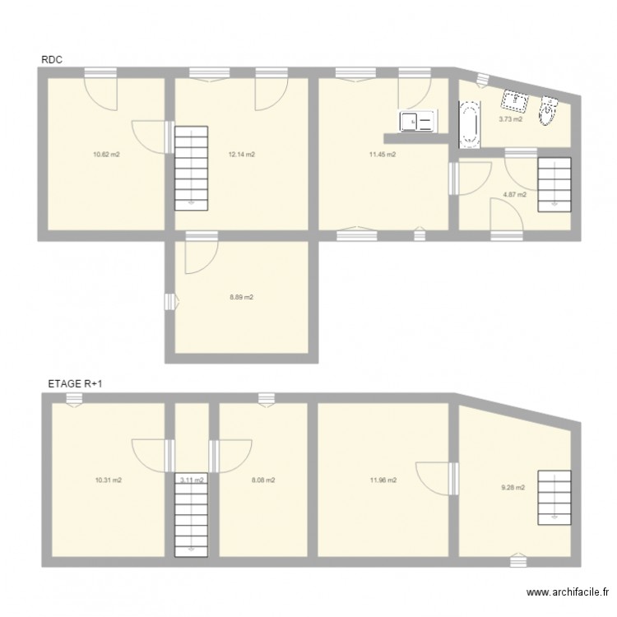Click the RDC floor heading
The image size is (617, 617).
(52, 60)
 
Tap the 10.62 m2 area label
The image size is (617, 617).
(107, 154)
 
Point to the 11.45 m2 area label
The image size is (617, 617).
(383, 154)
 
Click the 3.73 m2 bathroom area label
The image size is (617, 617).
(510, 119)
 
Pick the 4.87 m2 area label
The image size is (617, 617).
(514, 195)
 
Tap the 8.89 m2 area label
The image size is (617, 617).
(241, 297)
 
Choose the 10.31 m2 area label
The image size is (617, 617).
(107, 480)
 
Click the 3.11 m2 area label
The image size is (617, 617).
(192, 480)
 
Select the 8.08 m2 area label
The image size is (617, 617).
(262, 480)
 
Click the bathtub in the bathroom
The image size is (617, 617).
(469, 124)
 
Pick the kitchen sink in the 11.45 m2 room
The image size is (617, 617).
(416, 122)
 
